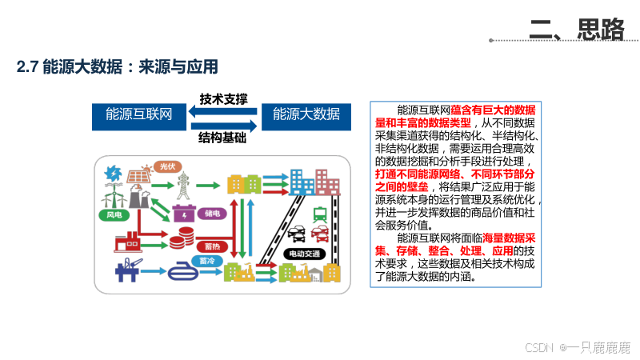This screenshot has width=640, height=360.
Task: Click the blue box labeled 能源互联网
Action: (x=139, y=114)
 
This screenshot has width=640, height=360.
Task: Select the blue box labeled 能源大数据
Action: (x=306, y=114)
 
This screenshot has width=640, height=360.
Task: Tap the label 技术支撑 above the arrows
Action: (x=223, y=100)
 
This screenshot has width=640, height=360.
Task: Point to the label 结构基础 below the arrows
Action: (x=223, y=137)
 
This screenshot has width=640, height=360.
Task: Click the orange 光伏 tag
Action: (x=166, y=166)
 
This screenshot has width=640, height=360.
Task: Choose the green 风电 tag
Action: (x=114, y=214)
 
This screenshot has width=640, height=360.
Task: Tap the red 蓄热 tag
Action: (x=212, y=246)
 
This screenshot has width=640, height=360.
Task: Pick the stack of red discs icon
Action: (x=185, y=238)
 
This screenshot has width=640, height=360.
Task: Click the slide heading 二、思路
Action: (x=577, y=30)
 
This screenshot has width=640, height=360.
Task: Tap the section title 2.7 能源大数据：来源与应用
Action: (x=118, y=66)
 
